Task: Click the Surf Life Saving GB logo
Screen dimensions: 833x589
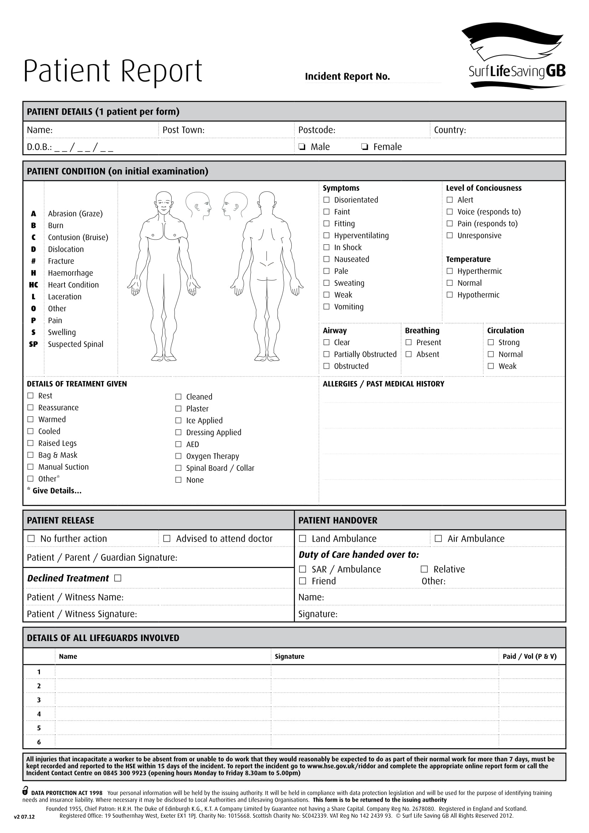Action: (x=515, y=56)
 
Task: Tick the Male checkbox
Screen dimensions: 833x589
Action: (x=302, y=147)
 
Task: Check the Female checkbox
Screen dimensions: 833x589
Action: (x=365, y=147)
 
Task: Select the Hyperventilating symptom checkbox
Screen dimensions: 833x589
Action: (x=327, y=235)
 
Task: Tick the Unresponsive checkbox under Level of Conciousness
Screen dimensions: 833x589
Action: (x=450, y=235)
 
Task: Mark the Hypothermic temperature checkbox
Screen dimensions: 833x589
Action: (x=450, y=295)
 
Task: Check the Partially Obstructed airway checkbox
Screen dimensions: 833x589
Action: (x=327, y=354)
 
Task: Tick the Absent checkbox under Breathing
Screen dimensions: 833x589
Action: (x=409, y=354)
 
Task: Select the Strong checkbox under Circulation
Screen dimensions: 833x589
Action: (x=491, y=342)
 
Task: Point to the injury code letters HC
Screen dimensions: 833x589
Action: (x=33, y=285)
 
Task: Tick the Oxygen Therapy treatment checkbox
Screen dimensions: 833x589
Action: (x=178, y=456)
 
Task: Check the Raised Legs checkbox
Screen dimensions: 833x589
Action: (x=31, y=443)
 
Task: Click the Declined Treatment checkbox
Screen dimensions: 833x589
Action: (x=118, y=578)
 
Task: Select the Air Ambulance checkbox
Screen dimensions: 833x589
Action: (x=438, y=538)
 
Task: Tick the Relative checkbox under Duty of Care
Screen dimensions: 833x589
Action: (x=424, y=569)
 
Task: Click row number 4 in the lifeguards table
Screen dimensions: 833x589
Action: (x=39, y=714)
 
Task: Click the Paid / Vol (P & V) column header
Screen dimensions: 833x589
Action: (x=530, y=656)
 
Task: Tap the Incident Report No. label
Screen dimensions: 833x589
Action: (x=347, y=77)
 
